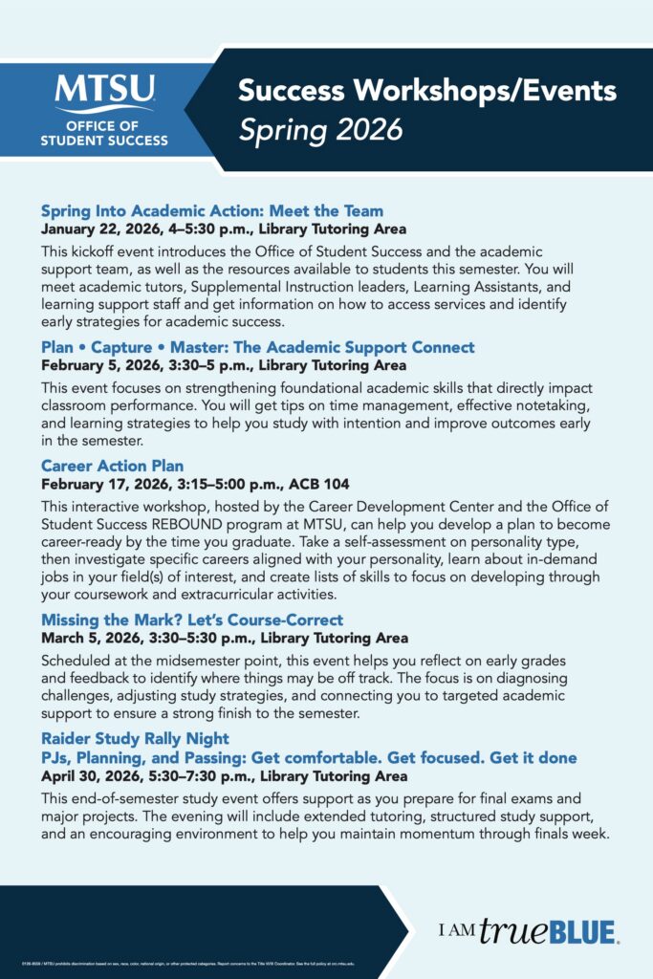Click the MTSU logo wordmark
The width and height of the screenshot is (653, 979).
click(x=104, y=92)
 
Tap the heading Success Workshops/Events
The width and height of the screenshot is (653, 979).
click(x=426, y=92)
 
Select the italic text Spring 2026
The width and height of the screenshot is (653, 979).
click(x=320, y=129)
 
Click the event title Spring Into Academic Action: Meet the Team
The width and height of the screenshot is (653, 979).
click(x=212, y=211)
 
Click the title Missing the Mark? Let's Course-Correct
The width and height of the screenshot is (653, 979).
click(x=192, y=620)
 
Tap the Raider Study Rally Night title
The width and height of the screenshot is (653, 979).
click(x=135, y=738)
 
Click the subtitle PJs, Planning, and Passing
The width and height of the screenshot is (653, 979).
click(x=309, y=757)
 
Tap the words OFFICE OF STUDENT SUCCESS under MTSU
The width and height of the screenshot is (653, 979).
click(x=104, y=134)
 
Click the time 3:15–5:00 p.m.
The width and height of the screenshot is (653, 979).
click(x=238, y=485)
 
